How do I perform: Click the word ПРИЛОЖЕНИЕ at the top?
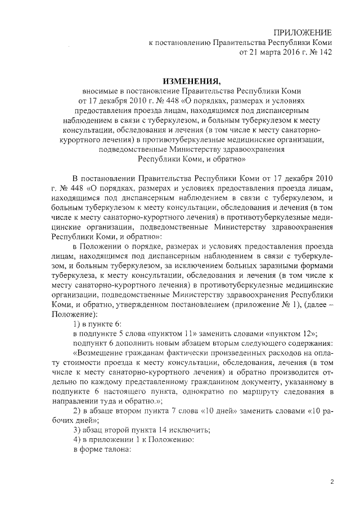tap(302, 32)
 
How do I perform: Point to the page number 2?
tap(332, 482)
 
